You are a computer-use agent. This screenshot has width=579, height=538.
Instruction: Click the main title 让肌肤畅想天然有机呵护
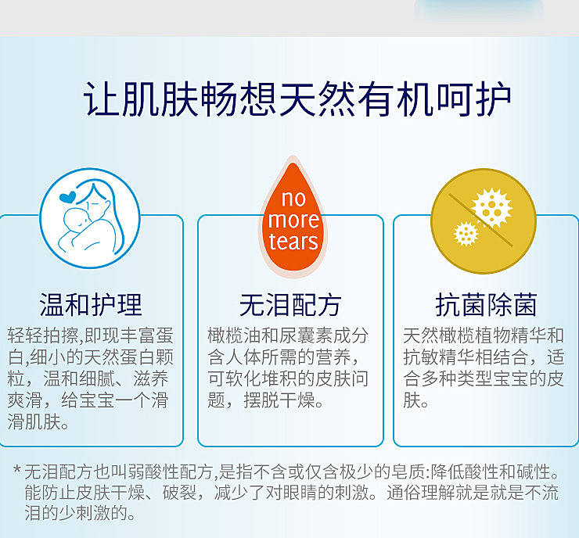297,99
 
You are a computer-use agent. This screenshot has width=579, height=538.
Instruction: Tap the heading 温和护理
91,305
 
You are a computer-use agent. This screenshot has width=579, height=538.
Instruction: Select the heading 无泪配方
290,305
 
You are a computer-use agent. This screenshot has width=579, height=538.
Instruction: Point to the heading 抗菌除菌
486,305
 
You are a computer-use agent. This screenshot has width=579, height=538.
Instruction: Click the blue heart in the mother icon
67,197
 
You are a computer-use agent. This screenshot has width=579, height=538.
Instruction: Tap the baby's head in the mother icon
77,220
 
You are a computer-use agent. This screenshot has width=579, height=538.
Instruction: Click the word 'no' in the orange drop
293,199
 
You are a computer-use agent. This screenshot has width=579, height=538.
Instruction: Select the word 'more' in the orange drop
293,221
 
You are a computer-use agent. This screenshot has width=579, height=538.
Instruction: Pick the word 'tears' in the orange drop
293,242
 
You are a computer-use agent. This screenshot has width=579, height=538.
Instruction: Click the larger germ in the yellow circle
491,208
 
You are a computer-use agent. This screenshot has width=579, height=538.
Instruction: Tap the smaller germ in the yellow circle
466,234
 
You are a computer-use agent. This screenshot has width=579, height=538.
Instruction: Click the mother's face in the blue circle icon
97,203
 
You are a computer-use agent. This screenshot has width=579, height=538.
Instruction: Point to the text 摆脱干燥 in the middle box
280,400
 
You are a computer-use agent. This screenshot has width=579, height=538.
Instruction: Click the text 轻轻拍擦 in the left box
43,335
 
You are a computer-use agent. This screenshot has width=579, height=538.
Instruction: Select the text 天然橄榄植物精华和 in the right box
484,335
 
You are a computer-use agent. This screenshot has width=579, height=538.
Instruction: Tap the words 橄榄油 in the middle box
235,335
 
